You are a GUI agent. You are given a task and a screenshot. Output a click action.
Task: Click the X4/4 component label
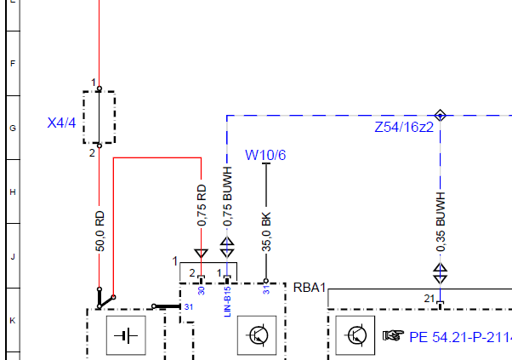tap(61, 123)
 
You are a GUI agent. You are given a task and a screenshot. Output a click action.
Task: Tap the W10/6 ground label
tap(265, 155)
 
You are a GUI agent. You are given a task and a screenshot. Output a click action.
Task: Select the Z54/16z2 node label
tap(404, 127)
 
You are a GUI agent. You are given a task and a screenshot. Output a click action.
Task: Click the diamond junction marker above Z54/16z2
tap(441, 115)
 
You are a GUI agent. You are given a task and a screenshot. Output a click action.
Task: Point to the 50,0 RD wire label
tap(100, 231)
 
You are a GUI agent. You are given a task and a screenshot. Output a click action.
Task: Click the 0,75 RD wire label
tap(202, 205)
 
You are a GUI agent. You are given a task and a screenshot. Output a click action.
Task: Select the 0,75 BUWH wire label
tap(228, 197)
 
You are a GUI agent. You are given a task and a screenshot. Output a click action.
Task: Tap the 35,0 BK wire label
tap(266, 232)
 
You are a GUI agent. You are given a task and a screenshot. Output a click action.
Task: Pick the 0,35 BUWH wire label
tap(441, 222)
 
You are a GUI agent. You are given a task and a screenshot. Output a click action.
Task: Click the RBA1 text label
tap(310, 288)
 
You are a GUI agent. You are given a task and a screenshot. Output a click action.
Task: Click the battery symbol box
tap(126, 335)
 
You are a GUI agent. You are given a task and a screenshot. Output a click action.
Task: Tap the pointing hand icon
tap(393, 335)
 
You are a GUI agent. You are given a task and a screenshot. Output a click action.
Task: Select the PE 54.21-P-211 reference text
tap(460, 338)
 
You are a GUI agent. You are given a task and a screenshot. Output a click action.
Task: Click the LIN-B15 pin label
tap(228, 301)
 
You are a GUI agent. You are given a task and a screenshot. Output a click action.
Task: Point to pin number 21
tap(429, 299)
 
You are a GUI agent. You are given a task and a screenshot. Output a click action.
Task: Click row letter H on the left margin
tap(13, 191)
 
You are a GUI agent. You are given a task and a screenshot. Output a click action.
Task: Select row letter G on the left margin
tap(13, 128)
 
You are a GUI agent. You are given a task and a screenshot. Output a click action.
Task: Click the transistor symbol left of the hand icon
tap(356, 335)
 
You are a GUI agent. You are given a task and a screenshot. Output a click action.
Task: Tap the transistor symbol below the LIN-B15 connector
tap(257, 335)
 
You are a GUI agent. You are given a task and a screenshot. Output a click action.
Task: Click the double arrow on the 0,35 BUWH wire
tap(441, 274)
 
